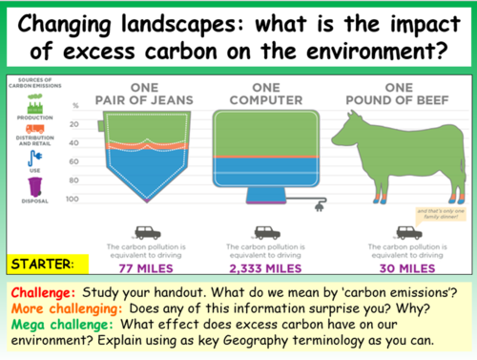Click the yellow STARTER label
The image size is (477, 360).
pos(44,261)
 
